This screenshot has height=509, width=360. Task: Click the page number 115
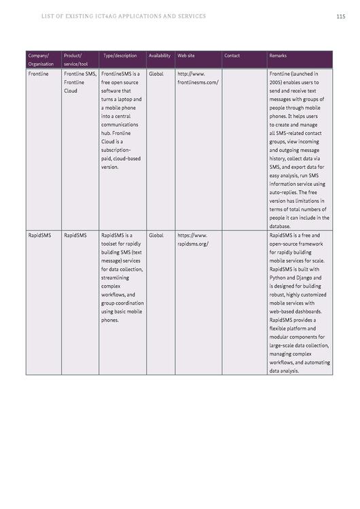(x=340, y=16)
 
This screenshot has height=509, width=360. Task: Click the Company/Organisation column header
(x=40, y=60)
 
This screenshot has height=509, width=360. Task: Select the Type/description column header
(x=120, y=56)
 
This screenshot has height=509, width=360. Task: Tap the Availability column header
(x=160, y=56)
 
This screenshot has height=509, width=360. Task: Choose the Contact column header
(x=232, y=56)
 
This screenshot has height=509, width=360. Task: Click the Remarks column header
(x=278, y=56)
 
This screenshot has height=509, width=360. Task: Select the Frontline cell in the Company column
(x=39, y=73)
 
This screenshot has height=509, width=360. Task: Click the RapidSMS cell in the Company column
(x=40, y=235)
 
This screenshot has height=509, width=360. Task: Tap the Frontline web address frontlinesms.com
(x=198, y=82)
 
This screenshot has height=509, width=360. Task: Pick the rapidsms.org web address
(x=193, y=244)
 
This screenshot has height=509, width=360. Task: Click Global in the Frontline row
(x=156, y=73)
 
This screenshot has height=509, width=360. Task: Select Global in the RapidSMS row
(x=156, y=235)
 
